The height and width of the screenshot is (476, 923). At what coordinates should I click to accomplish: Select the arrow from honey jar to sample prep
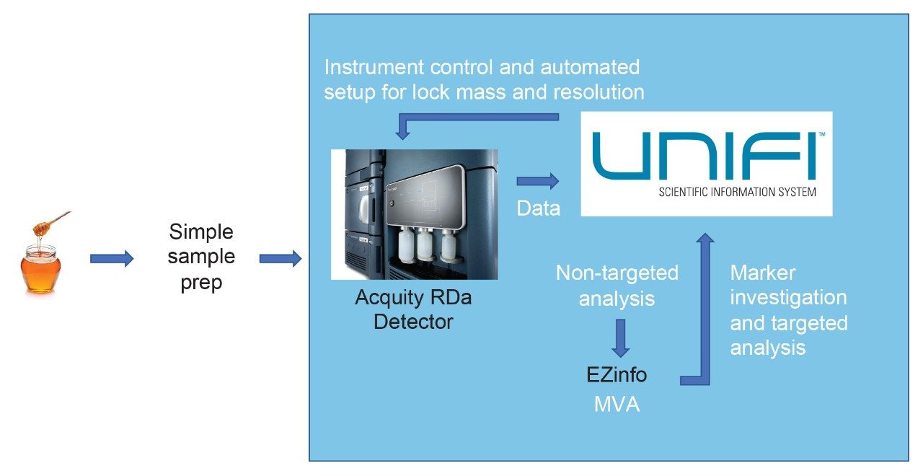[112, 258]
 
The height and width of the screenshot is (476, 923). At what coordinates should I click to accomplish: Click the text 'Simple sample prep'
[201, 257]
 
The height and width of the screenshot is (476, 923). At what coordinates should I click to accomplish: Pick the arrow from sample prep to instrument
[280, 258]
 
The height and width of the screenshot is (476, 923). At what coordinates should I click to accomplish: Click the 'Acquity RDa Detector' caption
[413, 309]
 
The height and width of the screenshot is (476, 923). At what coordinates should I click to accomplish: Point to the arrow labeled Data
[538, 181]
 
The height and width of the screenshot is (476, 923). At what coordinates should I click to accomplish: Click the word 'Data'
[539, 208]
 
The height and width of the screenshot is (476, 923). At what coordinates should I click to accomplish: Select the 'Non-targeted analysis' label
[617, 285]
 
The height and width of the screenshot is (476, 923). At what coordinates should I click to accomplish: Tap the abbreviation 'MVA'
[617, 405]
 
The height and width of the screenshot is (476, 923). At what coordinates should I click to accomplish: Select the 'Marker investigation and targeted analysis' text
[789, 310]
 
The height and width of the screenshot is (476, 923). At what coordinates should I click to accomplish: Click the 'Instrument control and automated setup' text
[482, 79]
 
